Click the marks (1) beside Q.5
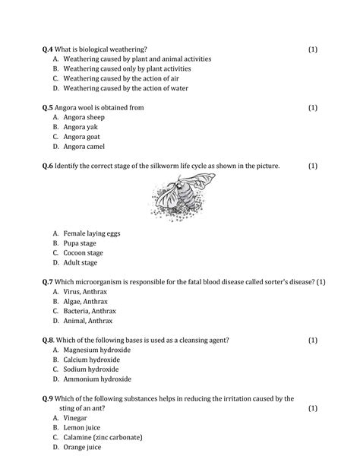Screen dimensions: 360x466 tap(313, 108)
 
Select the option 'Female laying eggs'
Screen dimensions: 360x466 tap(92, 233)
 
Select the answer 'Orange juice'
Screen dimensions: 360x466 tap(84, 447)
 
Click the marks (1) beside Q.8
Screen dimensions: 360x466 tap(313, 340)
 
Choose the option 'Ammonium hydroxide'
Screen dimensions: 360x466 tap(97, 379)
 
